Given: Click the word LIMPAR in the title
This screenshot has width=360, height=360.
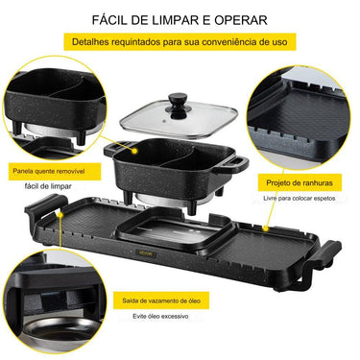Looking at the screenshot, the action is click(175, 20).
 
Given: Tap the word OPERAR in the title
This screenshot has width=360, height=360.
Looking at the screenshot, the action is click(241, 20).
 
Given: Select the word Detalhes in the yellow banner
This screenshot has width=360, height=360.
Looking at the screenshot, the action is click(89, 42).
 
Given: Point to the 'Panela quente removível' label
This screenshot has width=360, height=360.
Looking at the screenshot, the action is click(49, 171).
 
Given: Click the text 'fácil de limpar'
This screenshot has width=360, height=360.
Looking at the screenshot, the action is click(48, 186).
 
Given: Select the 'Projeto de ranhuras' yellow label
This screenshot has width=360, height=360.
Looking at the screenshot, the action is click(300, 182).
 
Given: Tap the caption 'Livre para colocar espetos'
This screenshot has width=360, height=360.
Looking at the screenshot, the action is click(300, 199).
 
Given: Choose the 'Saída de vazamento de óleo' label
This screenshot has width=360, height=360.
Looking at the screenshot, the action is click(161, 300).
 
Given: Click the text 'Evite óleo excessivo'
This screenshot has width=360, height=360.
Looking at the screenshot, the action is click(160, 317).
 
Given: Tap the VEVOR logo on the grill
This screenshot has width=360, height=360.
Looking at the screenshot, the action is click(146, 253).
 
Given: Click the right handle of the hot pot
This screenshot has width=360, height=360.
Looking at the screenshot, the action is click(232, 163).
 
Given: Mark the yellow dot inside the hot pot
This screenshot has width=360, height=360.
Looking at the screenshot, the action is click(135, 151).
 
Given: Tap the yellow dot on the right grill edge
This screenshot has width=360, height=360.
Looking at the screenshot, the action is click(265, 228).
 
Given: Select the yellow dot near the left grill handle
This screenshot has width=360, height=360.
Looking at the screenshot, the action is click(60, 215).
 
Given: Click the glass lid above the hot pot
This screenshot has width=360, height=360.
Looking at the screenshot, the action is click(179, 119).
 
